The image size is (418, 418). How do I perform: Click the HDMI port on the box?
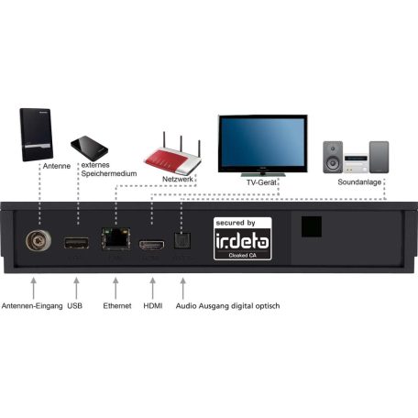(150, 244)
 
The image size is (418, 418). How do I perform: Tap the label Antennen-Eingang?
(30, 305)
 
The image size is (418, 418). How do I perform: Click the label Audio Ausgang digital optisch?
(232, 305)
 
